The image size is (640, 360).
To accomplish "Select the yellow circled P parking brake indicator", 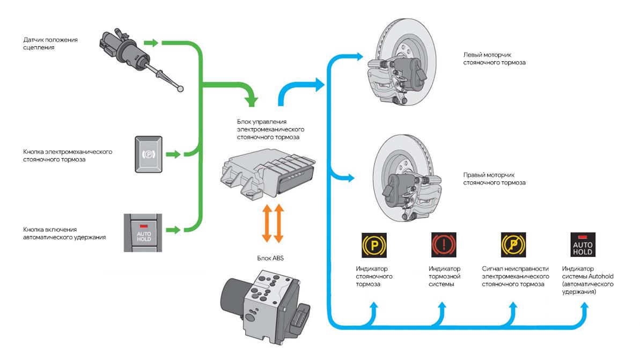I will [373, 244].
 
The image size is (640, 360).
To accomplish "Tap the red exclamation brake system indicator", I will [443, 244].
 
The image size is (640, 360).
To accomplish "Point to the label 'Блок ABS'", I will [270, 258].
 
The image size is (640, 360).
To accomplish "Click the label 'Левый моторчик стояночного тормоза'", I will [494, 58].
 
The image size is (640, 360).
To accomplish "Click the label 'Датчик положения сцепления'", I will [50, 43].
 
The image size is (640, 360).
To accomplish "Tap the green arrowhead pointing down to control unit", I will [251, 99].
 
